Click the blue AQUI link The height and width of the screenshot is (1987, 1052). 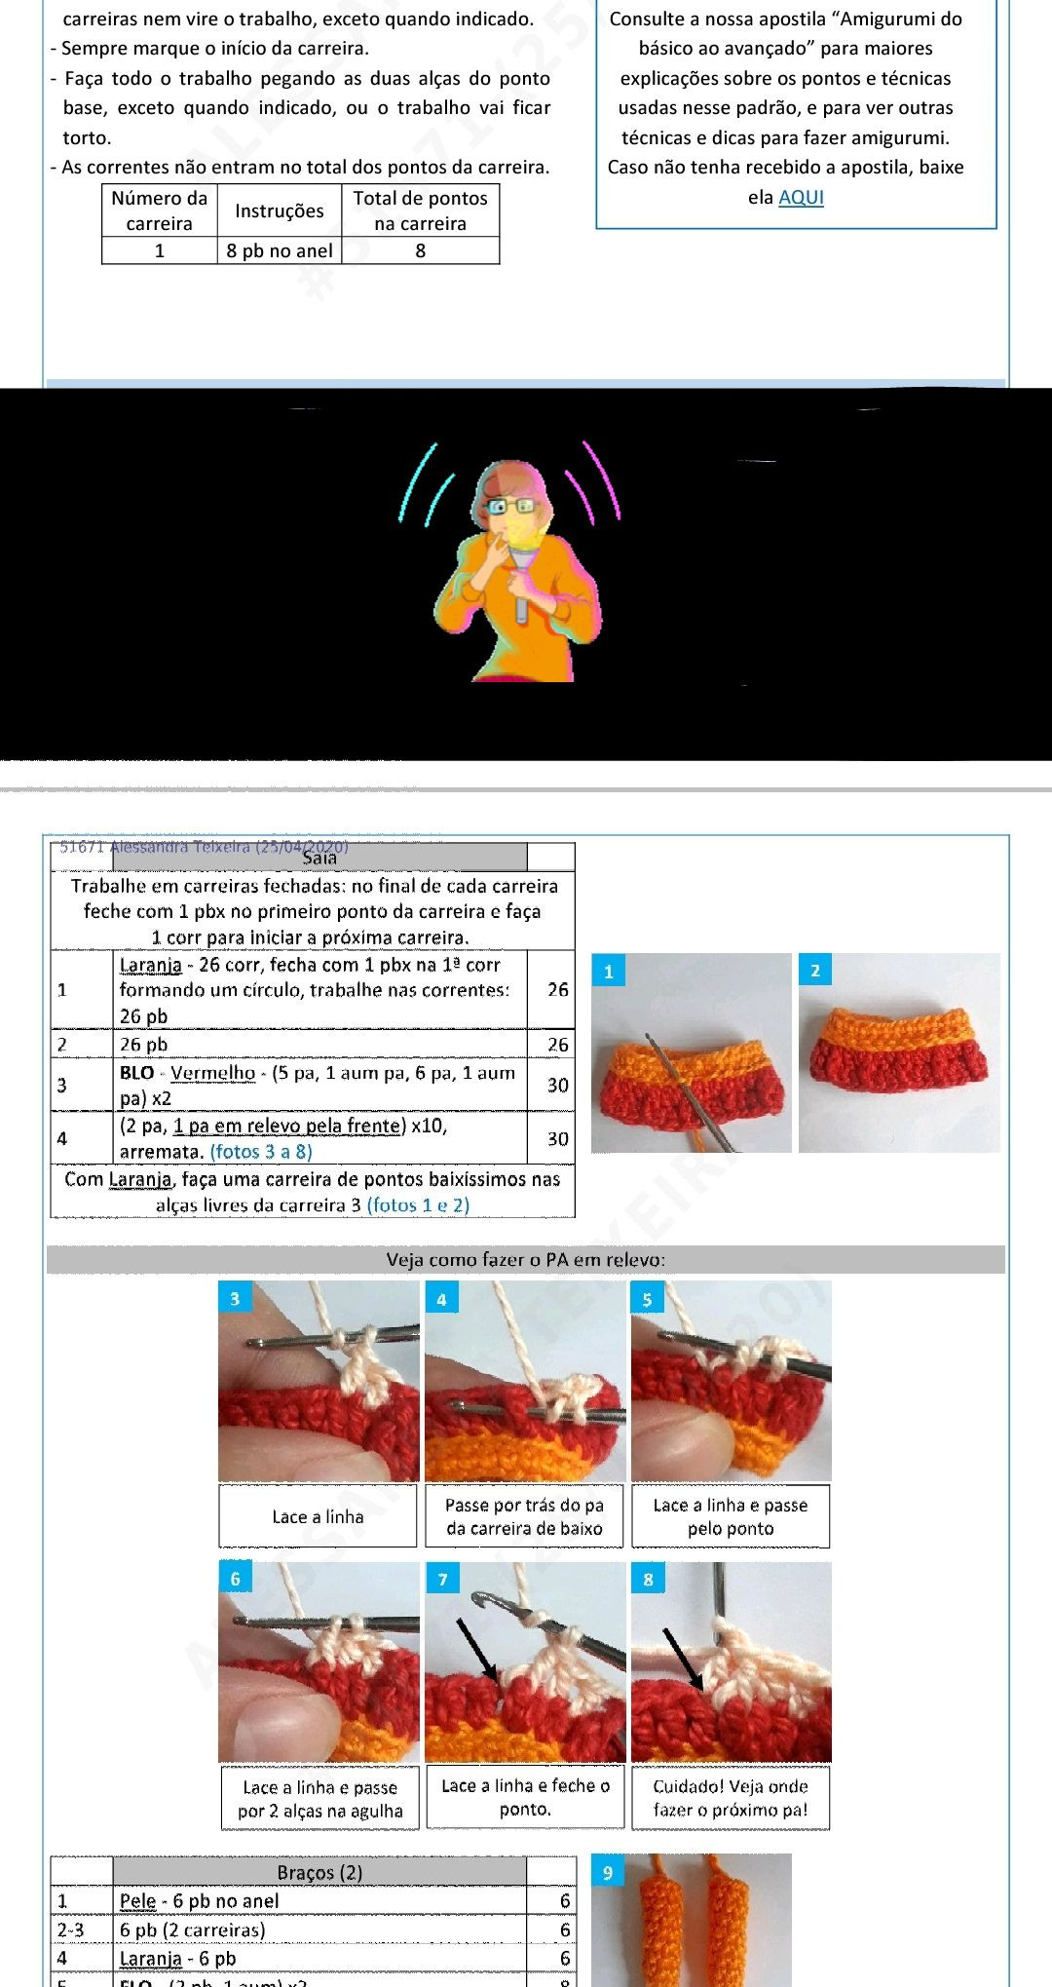(x=801, y=197)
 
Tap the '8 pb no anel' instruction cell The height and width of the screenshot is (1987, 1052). (x=280, y=250)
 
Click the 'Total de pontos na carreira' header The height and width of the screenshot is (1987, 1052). (x=420, y=210)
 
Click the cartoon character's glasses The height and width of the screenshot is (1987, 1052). (x=510, y=506)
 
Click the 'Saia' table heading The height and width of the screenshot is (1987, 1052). (x=319, y=858)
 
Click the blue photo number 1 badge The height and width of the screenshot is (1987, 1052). (x=609, y=971)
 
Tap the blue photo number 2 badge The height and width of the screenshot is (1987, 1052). (x=815, y=970)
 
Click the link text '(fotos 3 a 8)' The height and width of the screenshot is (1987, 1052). (x=261, y=1151)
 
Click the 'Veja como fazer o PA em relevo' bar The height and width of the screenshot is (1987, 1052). (x=526, y=1259)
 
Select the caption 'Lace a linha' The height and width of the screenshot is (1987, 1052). (x=318, y=1516)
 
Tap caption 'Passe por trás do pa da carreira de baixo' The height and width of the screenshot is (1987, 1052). (x=524, y=1516)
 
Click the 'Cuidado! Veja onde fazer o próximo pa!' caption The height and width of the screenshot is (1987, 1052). (x=731, y=1798)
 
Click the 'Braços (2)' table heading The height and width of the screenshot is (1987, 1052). (x=319, y=1872)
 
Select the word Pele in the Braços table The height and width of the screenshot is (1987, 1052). (x=137, y=1900)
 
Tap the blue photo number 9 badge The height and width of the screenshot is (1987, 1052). (x=608, y=1872)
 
